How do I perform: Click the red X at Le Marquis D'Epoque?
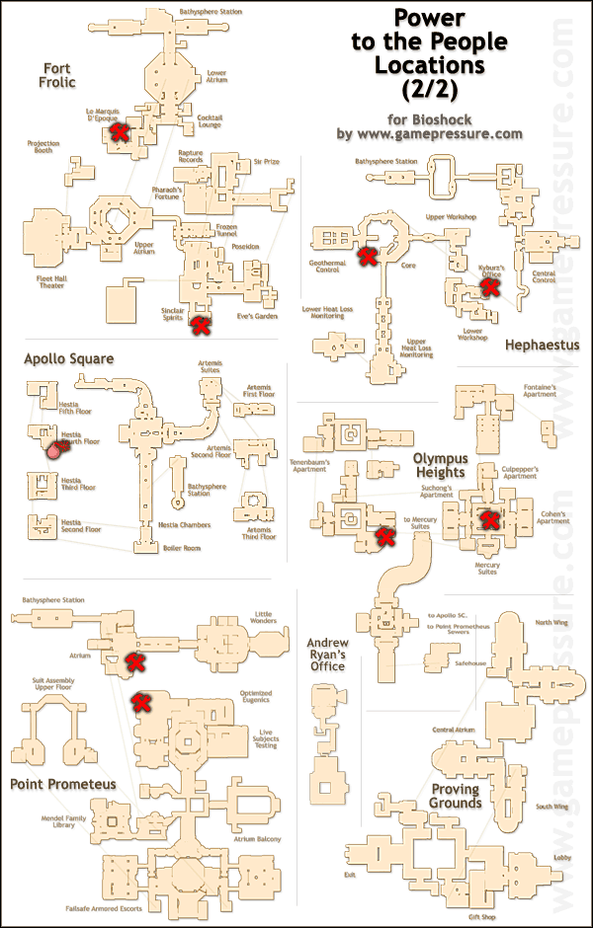click(120, 132)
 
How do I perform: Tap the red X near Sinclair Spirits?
click(200, 323)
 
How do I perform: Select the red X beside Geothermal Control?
click(368, 257)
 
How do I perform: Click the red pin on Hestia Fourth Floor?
click(55, 450)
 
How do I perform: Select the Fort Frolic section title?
click(57, 75)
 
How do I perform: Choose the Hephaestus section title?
click(541, 346)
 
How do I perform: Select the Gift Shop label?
click(453, 916)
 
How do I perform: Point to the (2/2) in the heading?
click(437, 90)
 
